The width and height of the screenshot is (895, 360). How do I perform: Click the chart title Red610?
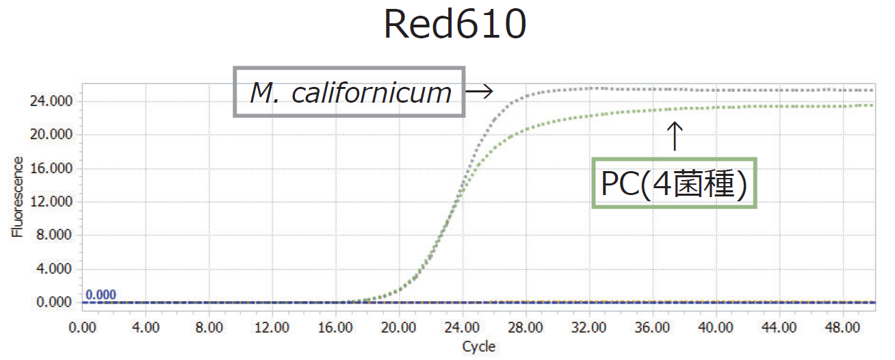pyautogui.click(x=454, y=25)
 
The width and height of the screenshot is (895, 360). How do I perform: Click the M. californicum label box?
pyautogui.click(x=350, y=92)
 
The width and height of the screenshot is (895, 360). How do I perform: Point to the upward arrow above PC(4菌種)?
pyautogui.click(x=675, y=136)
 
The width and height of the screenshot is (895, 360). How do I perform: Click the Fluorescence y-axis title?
pyautogui.click(x=17, y=196)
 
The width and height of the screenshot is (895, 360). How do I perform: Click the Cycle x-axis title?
pyautogui.click(x=478, y=346)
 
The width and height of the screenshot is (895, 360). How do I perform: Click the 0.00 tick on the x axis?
pyautogui.click(x=83, y=326)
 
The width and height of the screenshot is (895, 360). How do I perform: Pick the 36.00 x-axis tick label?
pyautogui.click(x=652, y=326)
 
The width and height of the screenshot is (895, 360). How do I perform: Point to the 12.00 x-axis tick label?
pyautogui.click(x=272, y=326)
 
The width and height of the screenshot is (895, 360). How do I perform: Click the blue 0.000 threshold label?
pyautogui.click(x=101, y=295)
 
